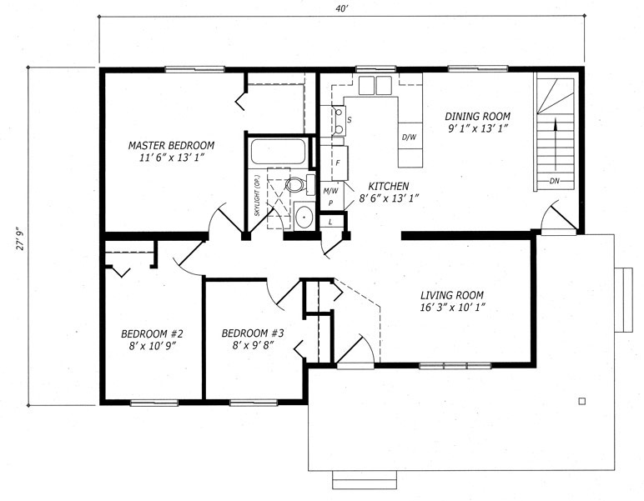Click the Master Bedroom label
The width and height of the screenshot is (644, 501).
tap(171, 145)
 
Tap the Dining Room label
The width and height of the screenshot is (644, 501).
tap(478, 116)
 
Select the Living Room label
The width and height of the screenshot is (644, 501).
tap(452, 295)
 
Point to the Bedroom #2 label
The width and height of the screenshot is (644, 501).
tap(153, 333)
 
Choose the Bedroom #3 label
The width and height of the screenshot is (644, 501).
tap(253, 333)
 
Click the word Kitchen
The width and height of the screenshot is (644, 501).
tap(388, 186)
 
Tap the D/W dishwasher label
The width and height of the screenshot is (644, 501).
tap(409, 137)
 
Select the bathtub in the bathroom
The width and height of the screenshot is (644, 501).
tap(278, 152)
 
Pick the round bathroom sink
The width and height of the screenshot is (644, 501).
tap(304, 215)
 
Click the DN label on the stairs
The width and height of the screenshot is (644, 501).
tap(554, 181)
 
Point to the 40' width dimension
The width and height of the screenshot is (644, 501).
tap(341, 8)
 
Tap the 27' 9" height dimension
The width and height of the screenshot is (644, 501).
tap(21, 238)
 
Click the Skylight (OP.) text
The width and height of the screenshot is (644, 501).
tap(258, 196)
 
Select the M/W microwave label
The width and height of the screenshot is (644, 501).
tap(330, 191)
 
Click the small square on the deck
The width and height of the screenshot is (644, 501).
tap(581, 401)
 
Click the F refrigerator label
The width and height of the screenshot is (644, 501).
tap(338, 163)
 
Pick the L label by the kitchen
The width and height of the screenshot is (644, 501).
tap(330, 223)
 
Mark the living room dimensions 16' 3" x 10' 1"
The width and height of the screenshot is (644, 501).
tap(453, 308)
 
